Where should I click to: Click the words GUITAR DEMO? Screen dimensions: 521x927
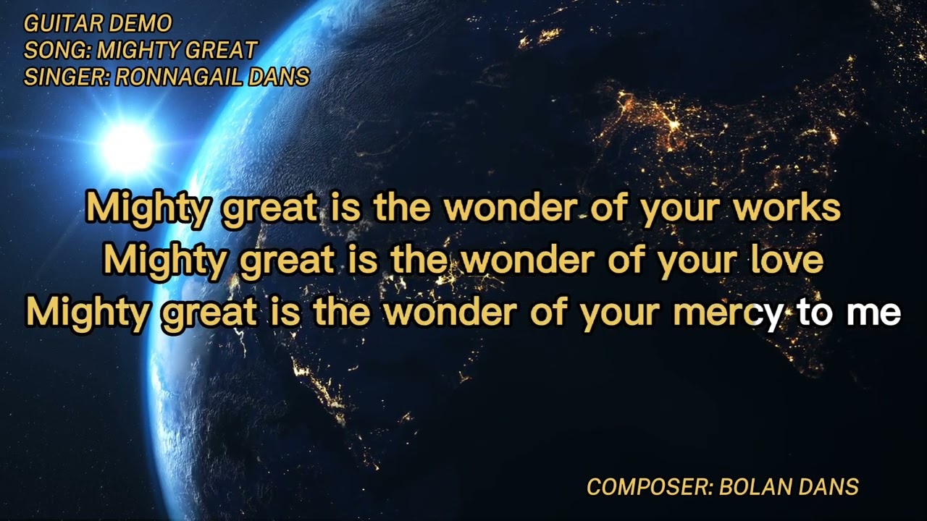coord(98,24)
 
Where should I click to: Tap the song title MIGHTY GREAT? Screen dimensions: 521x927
coord(177,51)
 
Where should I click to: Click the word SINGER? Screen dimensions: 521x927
coord(67,77)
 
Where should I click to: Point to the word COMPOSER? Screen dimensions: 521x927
coord(650,487)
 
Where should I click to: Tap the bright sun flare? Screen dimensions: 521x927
coord(127,148)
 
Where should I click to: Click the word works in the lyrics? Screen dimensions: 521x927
coord(787,208)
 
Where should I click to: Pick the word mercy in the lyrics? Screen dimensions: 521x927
coord(727,313)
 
